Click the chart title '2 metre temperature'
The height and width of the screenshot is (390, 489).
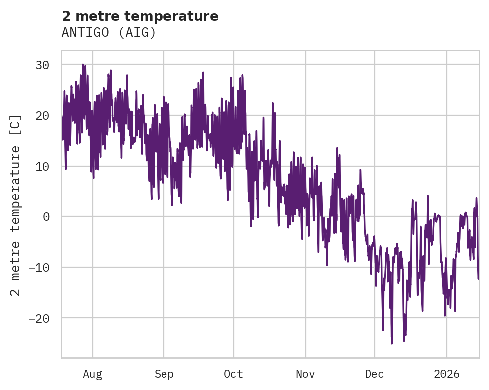(x=140, y=16)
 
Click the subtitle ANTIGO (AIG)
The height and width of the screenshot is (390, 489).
(x=109, y=32)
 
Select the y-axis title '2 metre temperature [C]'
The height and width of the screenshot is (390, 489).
(x=16, y=205)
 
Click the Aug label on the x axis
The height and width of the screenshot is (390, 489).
(x=93, y=374)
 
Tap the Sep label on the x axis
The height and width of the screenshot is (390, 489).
(x=163, y=374)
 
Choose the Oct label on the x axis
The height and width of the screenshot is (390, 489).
(x=233, y=374)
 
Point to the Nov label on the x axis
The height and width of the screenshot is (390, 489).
(x=305, y=374)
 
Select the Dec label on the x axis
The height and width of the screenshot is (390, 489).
(x=375, y=374)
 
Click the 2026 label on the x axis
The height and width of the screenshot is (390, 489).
(x=447, y=374)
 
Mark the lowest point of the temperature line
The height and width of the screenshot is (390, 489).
(x=392, y=343)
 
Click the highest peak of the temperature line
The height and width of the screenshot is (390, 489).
(x=83, y=64)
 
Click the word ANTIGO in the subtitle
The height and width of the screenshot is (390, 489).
(x=82, y=32)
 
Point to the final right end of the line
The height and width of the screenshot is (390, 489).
(x=478, y=278)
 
